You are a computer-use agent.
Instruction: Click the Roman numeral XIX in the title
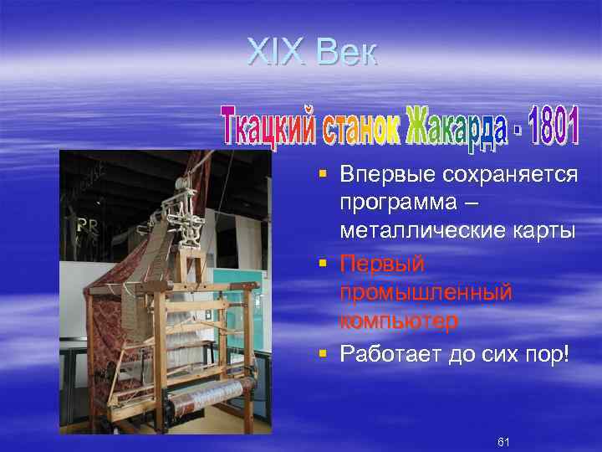[278, 53]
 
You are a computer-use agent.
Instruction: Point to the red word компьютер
[399, 321]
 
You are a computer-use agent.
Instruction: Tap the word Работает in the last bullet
[385, 354]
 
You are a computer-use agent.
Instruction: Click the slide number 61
[503, 441]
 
